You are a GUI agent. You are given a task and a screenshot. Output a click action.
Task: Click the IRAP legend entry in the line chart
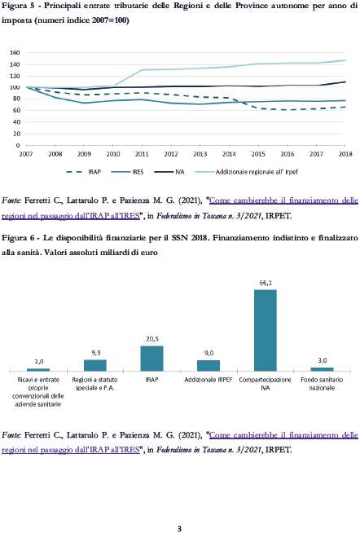pos(84,172)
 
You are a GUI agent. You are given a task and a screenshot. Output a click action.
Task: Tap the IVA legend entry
pos(169,172)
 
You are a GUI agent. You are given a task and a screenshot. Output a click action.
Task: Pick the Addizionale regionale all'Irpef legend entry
pos(247,172)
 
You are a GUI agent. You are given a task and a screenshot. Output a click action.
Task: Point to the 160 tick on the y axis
pos(15,53)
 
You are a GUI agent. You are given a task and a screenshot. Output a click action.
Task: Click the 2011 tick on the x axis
pos(142,154)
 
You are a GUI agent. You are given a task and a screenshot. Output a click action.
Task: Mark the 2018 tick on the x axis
pos(345,154)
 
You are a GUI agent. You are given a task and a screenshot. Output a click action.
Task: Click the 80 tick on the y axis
pos(16,99)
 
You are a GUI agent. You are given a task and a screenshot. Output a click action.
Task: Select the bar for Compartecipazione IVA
pos(266,330)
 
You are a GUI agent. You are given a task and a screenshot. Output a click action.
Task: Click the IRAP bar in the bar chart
pos(151,359)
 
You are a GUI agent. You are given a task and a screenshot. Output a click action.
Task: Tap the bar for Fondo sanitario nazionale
pos(322,369)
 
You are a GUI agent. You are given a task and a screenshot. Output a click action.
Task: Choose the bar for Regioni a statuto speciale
pos(95,365)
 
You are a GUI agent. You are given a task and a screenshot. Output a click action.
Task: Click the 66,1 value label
pos(266,283)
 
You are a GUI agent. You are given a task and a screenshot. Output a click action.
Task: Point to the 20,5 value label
pos(152,339)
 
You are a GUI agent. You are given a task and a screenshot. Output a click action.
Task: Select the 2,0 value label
pos(39,361)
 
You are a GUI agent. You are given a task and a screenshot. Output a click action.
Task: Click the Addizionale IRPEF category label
pos(209,380)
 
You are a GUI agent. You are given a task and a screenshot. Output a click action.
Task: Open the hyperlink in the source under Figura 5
pos(180,208)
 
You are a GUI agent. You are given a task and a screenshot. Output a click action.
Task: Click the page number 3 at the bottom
pos(180,528)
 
